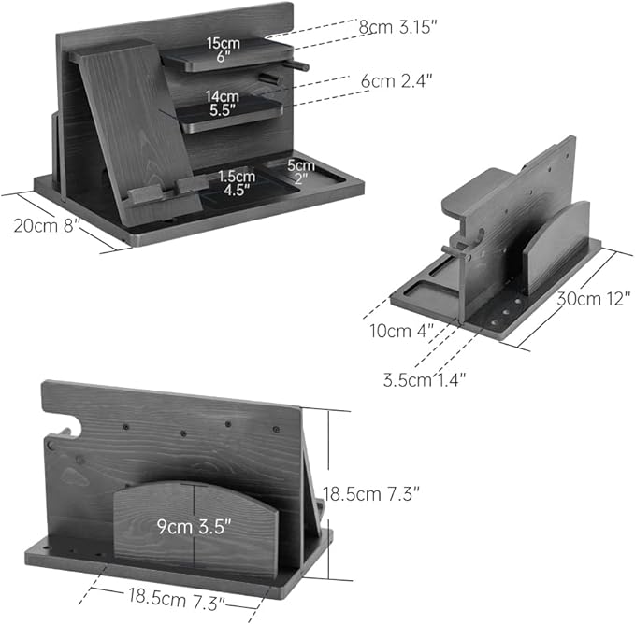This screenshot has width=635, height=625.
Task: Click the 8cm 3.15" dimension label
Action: pyautogui.click(x=397, y=27)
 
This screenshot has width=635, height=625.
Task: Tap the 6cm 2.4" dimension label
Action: pyautogui.click(x=397, y=81)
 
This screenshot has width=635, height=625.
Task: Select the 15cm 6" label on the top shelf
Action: pyautogui.click(x=224, y=50)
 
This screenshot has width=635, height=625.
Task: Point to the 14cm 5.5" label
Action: pyautogui.click(x=222, y=103)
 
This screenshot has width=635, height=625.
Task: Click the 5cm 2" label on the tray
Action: pyautogui.click(x=301, y=172)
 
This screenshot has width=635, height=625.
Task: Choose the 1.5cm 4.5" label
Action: pyautogui.click(x=237, y=183)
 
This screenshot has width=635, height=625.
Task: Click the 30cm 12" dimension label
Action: pyautogui.click(x=594, y=299)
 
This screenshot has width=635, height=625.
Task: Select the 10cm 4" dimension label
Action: pyautogui.click(x=401, y=331)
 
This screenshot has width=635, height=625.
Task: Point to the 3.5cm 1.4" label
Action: pyautogui.click(x=425, y=380)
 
